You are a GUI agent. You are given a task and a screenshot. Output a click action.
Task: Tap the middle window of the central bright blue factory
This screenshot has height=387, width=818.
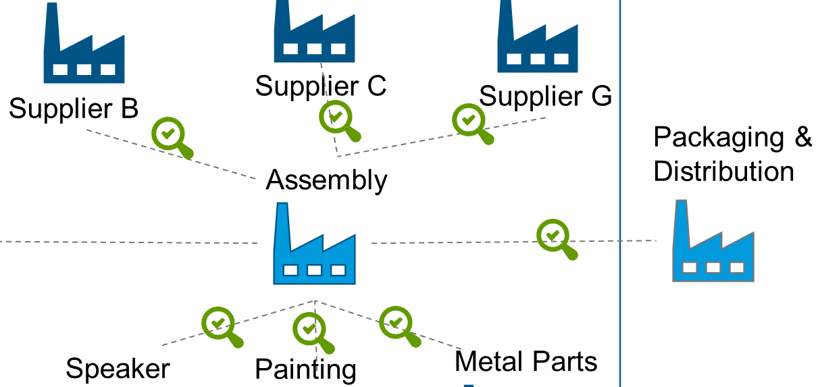coord(314,270)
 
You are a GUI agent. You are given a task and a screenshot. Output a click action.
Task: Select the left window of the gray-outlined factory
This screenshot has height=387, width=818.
coord(689,267)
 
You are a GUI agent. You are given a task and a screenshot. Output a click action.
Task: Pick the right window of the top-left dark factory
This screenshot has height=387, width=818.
coord(108,70)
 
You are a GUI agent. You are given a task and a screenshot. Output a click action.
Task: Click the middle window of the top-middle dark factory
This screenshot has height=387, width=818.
coord(314,49)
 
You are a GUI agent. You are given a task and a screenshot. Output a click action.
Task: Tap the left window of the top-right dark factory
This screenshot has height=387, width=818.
coord(514,59)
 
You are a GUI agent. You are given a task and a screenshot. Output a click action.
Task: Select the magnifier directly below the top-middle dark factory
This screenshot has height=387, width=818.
coord(336,117)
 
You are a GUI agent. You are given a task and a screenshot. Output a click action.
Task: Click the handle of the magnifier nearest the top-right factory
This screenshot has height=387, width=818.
coord(486,138)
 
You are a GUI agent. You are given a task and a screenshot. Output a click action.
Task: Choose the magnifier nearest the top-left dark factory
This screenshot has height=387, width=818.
coord(168,134)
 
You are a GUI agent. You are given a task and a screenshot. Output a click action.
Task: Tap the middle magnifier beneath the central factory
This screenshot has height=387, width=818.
coord(309,329)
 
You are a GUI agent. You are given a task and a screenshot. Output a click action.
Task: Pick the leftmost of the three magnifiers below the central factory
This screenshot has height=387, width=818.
coord(218,324)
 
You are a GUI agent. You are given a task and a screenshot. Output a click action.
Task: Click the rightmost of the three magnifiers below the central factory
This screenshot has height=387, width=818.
coord(396,323)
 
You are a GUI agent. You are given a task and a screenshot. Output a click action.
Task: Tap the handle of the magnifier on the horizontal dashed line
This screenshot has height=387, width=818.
coord(570,253)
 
